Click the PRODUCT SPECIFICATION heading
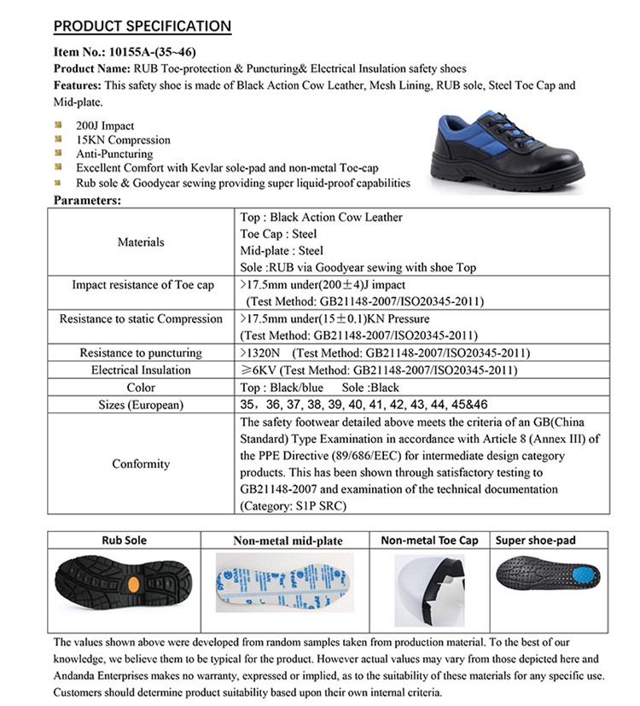[142, 26]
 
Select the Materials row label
[141, 242]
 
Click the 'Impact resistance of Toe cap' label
[143, 285]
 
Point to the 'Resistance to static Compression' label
[141, 319]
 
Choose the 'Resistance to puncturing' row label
[141, 353]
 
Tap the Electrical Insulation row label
[141, 370]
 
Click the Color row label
[141, 388]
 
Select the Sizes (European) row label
[141, 405]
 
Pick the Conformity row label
[141, 464]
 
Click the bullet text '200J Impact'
[105, 126]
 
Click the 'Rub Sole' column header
[125, 540]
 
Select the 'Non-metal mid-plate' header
[288, 540]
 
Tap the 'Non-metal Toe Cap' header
[429, 540]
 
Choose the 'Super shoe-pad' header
[534, 540]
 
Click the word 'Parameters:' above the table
[88, 200]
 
